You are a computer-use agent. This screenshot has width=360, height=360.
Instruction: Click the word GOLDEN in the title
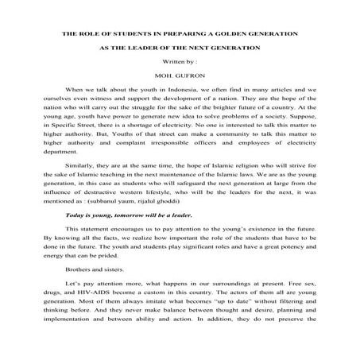238,35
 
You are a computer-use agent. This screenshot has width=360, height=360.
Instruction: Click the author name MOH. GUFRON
180,78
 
